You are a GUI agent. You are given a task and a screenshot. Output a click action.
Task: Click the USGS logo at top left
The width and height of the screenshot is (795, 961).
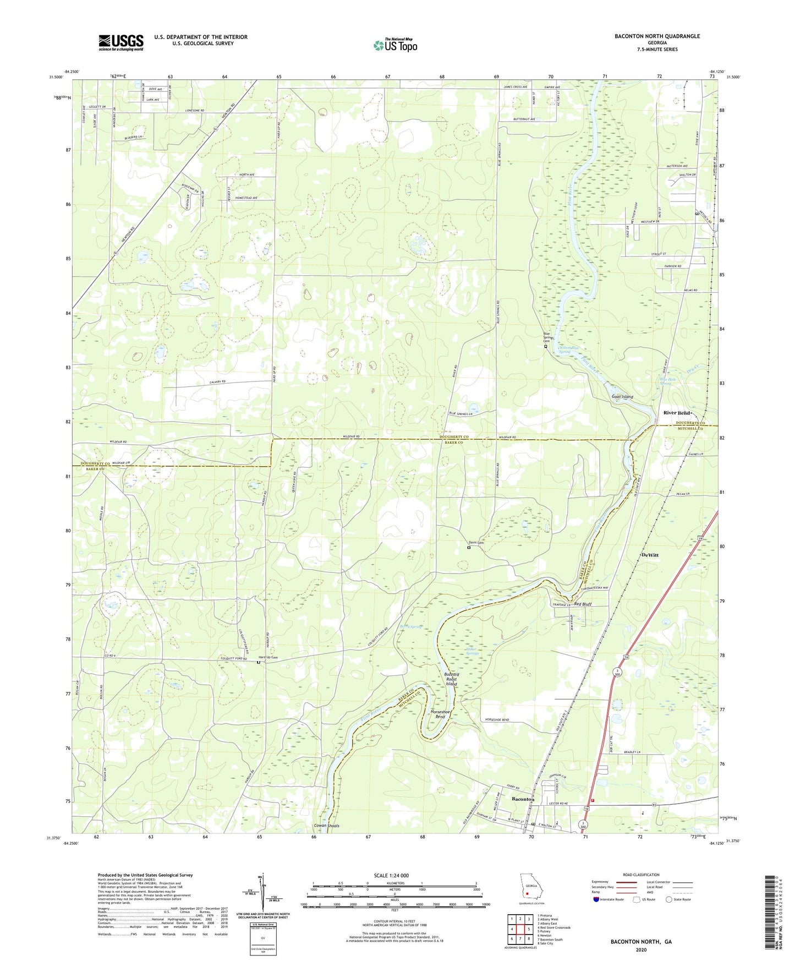coord(120,42)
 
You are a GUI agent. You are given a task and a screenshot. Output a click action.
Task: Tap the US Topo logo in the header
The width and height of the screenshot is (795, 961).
coord(394,45)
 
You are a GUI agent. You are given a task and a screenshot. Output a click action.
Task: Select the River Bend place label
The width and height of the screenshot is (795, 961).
coord(676,413)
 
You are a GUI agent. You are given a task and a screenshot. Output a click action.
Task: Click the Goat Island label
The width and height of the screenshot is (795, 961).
coord(622,396)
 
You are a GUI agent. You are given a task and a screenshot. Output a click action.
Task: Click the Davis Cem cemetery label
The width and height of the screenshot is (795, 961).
coord(476,543)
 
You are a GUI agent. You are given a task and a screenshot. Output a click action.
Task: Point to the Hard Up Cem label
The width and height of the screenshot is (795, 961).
coord(268,658)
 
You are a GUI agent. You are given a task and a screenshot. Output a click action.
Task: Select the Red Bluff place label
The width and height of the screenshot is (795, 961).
coord(583,604)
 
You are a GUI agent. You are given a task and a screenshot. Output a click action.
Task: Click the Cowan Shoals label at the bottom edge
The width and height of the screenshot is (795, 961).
coord(326,826)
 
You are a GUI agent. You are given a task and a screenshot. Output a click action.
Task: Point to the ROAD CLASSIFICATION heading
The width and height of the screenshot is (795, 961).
coord(641,875)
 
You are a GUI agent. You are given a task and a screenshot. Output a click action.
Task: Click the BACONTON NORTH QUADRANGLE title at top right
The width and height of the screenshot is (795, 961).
coord(657,36)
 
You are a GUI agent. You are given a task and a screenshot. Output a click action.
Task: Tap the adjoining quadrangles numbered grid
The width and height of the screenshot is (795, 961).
coord(520,930)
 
